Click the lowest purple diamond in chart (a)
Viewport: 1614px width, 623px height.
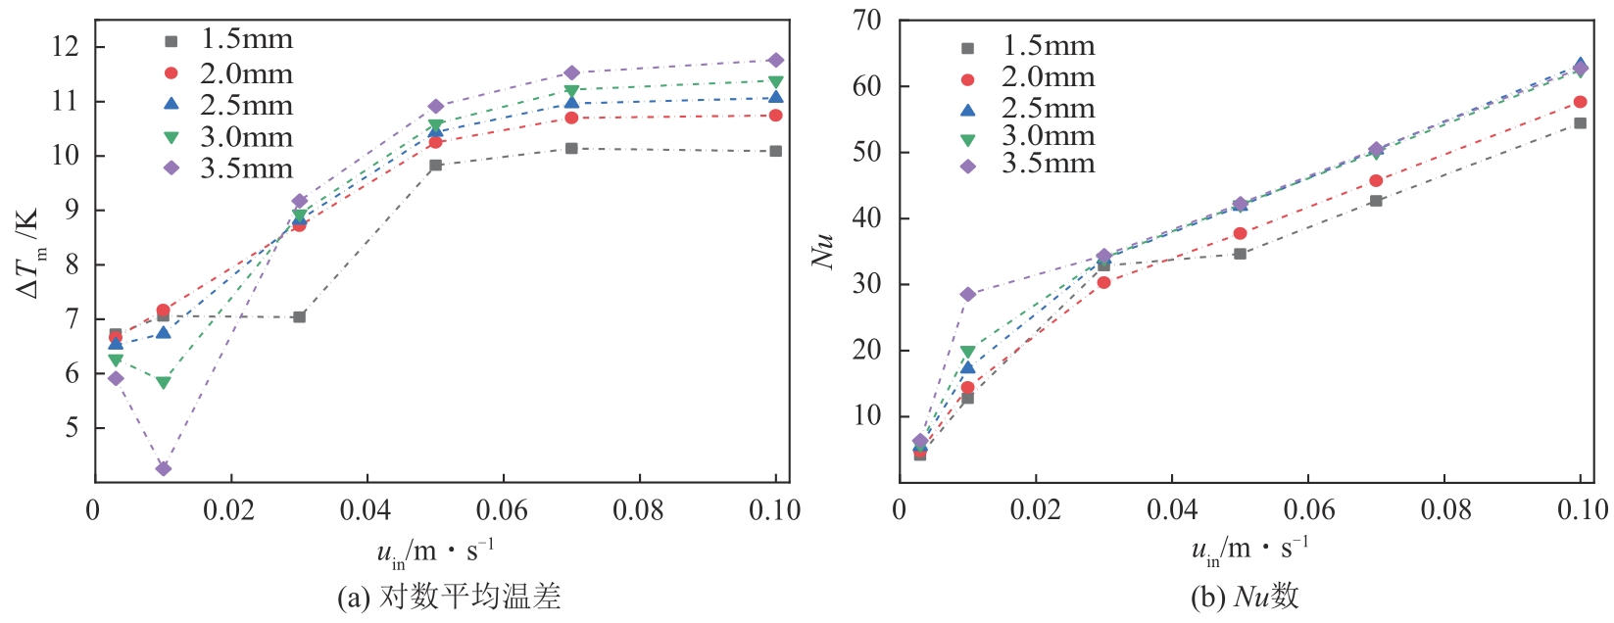click(x=164, y=468)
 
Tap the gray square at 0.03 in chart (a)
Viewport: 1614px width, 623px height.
click(x=300, y=316)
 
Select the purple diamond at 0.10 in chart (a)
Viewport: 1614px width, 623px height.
click(x=776, y=61)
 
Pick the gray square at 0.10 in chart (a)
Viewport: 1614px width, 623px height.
click(x=776, y=151)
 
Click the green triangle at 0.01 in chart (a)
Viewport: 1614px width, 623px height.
click(x=164, y=383)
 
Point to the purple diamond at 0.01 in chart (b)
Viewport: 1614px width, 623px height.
click(x=968, y=294)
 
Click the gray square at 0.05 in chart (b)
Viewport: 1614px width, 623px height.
click(x=1240, y=254)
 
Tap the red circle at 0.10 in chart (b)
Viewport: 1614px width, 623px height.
click(x=1580, y=102)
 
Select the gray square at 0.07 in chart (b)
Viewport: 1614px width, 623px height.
click(x=1376, y=201)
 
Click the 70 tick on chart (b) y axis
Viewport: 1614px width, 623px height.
click(x=867, y=20)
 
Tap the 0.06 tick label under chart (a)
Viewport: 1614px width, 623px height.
click(x=502, y=510)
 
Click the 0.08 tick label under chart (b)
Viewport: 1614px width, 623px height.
click(x=1446, y=509)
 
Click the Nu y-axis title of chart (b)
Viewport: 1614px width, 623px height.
click(x=823, y=251)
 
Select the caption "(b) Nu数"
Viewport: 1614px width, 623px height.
click(x=1245, y=597)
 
